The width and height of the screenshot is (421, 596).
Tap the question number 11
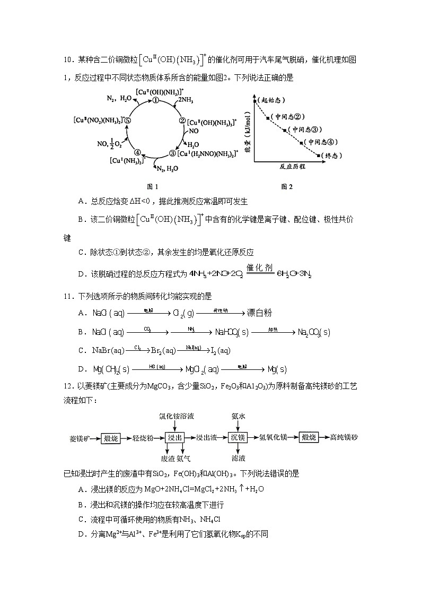(68, 296)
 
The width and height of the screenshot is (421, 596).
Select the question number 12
(68, 386)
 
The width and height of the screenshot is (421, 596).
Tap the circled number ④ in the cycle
(138, 151)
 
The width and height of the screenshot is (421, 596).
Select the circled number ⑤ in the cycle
(128, 120)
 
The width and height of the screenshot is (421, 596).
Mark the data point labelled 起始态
(255, 100)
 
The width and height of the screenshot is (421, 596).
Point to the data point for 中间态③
(286, 129)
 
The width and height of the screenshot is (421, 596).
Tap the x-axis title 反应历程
(292, 167)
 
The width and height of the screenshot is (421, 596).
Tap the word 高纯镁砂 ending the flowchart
(344, 438)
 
